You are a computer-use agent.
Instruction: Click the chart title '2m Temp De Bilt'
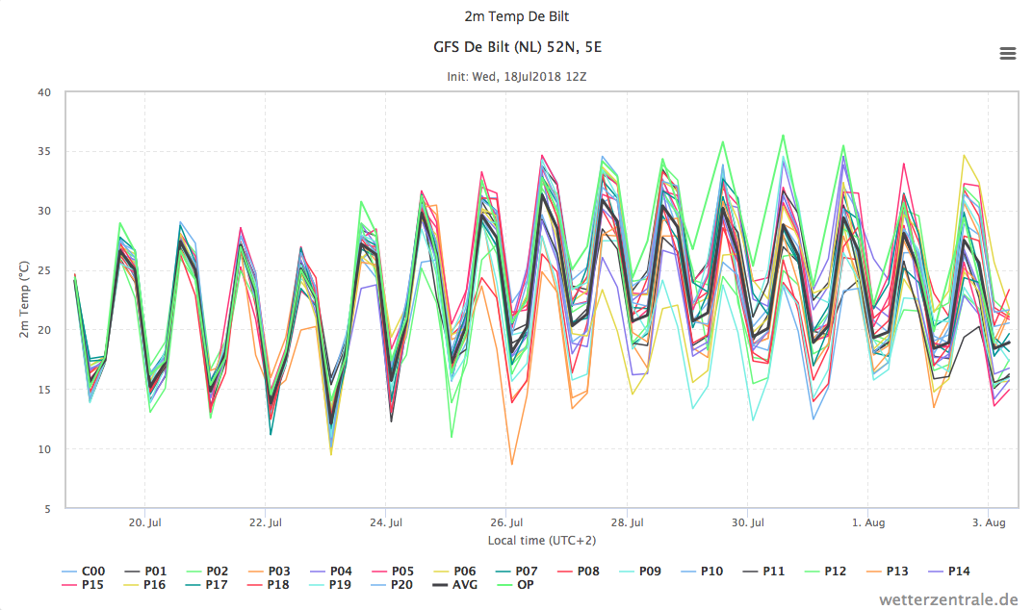pyautogui.click(x=516, y=16)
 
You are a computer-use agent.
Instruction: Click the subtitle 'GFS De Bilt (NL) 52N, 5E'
pyautogui.click(x=517, y=47)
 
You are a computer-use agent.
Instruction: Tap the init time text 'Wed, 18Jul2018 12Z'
pyautogui.click(x=529, y=76)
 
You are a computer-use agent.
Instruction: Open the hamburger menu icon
pyautogui.click(x=1007, y=53)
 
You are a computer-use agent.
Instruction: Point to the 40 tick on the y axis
pyautogui.click(x=44, y=93)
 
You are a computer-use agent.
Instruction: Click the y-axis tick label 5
pyautogui.click(x=47, y=509)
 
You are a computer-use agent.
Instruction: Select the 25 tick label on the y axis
pyautogui.click(x=44, y=270)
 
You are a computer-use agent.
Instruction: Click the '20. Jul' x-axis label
pyautogui.click(x=145, y=523)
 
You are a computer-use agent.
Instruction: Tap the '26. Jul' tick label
pyautogui.click(x=506, y=523)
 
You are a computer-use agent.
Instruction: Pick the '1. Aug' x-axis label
pyautogui.click(x=868, y=523)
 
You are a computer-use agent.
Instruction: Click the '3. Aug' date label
pyautogui.click(x=989, y=523)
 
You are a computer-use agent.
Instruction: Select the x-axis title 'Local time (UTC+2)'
pyautogui.click(x=542, y=541)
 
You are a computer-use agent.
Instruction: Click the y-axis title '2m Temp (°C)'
pyautogui.click(x=24, y=300)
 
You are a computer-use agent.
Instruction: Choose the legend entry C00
pyautogui.click(x=84, y=572)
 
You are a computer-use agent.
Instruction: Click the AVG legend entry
pyautogui.click(x=454, y=584)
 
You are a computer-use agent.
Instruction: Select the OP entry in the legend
pyautogui.click(x=515, y=584)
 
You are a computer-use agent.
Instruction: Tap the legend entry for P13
pyautogui.click(x=887, y=572)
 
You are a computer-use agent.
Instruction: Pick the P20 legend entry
pyautogui.click(x=393, y=584)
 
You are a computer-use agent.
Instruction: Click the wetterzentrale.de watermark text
pyautogui.click(x=948, y=599)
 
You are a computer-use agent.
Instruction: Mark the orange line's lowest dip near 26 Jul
pyautogui.click(x=512, y=465)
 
